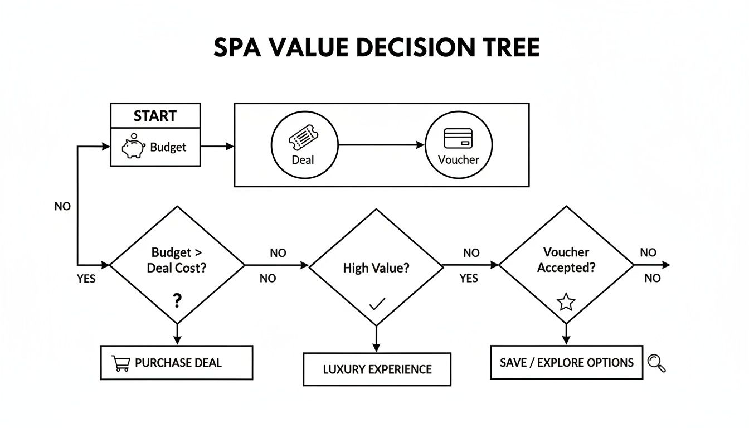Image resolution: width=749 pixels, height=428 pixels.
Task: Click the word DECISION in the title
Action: point(408,48)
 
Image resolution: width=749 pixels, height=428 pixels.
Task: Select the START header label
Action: point(155,116)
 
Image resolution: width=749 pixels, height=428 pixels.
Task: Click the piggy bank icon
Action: point(133,147)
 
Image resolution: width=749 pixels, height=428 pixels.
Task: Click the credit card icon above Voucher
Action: point(458,138)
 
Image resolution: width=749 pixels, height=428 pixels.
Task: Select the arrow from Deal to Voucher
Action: point(381,145)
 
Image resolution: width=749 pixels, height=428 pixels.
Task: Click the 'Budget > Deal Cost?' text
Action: point(177,260)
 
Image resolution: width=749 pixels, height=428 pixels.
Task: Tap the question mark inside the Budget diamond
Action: point(177,301)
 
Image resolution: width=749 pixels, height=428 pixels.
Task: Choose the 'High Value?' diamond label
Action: point(376,267)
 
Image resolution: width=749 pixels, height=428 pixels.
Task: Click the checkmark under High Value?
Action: point(377,304)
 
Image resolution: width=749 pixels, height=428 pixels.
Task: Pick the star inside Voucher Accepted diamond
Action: point(566,302)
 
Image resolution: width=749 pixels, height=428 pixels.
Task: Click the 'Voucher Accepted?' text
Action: point(566,260)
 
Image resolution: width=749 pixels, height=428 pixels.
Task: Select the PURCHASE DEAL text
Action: point(178,363)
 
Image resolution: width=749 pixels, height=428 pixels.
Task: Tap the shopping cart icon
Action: point(121,363)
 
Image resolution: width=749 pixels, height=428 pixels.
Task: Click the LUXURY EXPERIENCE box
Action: point(377,369)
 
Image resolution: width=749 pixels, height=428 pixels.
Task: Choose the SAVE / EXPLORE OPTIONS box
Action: point(566,363)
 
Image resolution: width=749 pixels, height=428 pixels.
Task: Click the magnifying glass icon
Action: point(656,363)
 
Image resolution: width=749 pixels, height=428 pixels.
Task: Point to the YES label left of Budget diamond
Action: point(86,279)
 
